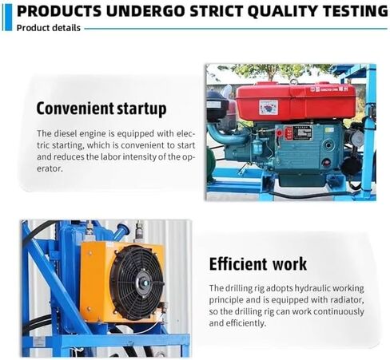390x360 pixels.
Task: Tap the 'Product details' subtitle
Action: coord(49,28)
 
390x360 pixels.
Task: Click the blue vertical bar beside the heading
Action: coord(9,18)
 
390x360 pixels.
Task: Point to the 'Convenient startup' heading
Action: coord(101,109)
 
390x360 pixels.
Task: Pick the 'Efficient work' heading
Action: coord(258,264)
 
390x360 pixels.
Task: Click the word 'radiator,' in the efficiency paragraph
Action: coord(347,300)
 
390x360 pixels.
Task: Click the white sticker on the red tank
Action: coord(269,108)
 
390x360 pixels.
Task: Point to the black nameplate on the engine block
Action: coord(302,133)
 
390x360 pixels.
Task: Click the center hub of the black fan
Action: coord(145,283)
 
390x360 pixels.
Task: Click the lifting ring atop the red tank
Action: coord(294,82)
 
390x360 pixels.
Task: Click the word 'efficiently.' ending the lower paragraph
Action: coord(237,323)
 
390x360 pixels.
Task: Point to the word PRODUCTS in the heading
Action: coord(59,11)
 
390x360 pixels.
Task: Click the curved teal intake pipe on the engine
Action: coord(226,135)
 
